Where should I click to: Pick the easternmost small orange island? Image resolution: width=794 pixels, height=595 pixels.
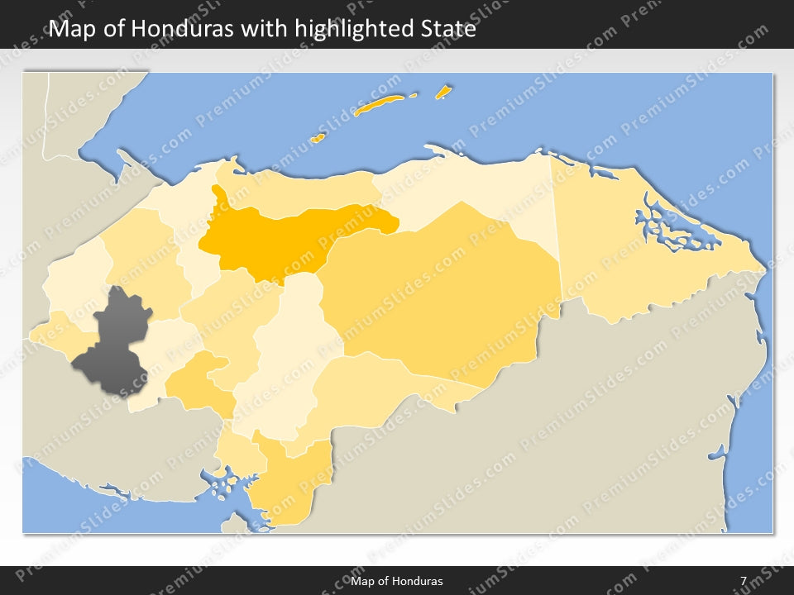click(443, 92)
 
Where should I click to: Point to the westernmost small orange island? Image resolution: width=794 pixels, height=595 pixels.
click(317, 138)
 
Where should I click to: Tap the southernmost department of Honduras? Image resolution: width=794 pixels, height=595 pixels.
click(285, 488)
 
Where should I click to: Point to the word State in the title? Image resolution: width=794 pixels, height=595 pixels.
click(446, 29)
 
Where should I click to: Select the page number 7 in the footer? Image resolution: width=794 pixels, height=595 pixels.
click(744, 581)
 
